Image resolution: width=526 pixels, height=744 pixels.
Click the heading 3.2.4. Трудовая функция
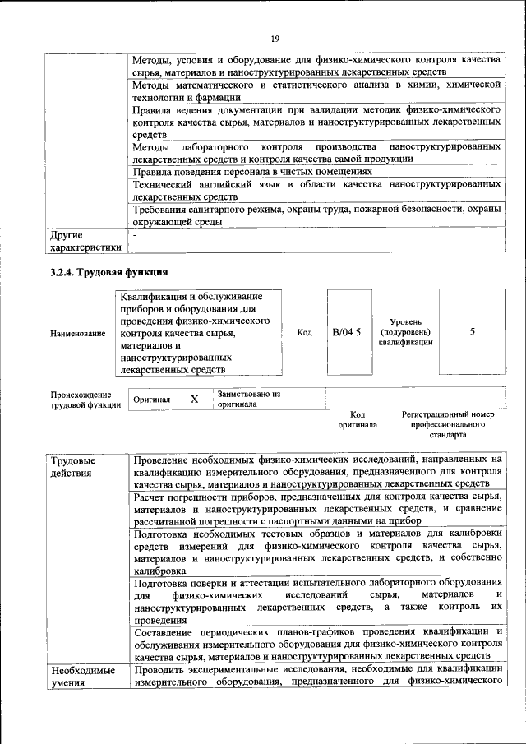coord(108,272)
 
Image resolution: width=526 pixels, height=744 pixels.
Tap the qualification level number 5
coord(472,332)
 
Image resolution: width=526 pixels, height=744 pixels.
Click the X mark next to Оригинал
coord(195,399)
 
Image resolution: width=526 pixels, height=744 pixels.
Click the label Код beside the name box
coord(304,332)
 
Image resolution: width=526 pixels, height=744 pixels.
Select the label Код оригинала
coord(357,420)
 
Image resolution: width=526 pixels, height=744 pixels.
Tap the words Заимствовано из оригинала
coord(248,400)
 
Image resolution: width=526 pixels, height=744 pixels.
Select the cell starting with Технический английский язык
coord(316,191)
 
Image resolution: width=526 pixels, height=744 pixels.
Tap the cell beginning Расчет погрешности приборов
coord(316,509)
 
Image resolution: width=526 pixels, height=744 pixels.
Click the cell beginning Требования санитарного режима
coord(316,216)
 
